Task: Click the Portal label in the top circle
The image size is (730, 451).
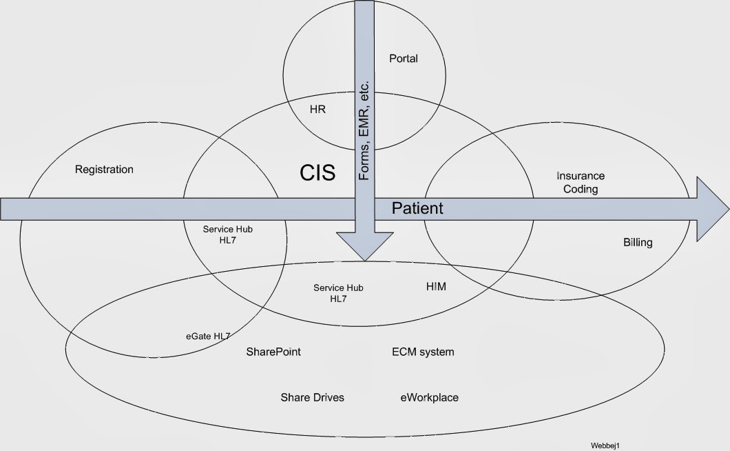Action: point(404,59)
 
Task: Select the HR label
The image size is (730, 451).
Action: point(317,109)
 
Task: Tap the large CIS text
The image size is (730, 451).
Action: point(317,172)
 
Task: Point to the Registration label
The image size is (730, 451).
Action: point(104,169)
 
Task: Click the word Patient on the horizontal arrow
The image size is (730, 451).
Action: point(417,208)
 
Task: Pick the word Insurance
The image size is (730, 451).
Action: point(581,176)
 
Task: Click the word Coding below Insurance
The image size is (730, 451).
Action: point(581,189)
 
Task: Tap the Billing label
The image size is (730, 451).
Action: point(638,242)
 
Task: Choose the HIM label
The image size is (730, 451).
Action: point(436,286)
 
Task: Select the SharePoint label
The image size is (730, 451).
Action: point(273,352)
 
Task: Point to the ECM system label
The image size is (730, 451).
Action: point(423,352)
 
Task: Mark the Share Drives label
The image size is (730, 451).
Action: point(312,397)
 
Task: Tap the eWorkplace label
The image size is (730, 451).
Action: point(429,397)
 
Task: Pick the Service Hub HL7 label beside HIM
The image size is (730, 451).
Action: point(338,293)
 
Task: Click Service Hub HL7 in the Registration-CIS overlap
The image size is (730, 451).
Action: point(227,234)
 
